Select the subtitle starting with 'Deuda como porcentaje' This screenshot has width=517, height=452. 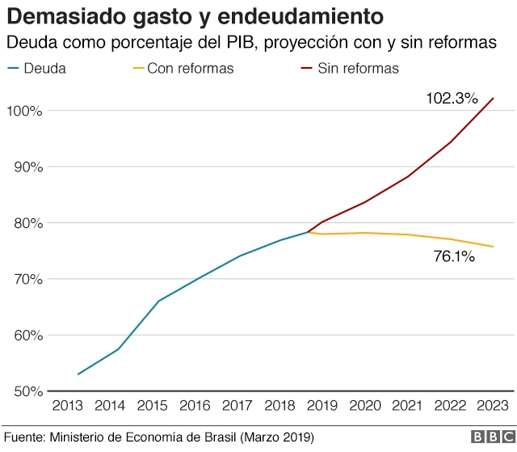250,42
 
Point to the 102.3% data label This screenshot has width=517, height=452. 452,99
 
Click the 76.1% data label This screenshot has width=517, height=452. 453,257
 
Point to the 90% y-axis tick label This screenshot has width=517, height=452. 26,167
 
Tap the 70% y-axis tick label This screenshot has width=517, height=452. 26,280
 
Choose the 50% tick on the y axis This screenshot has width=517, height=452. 26,392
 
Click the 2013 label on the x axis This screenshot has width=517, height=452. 68,407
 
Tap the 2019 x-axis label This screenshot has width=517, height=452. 321,407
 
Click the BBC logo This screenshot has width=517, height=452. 488,437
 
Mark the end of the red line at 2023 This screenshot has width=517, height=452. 493,99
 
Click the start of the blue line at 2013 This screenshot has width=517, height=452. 78,374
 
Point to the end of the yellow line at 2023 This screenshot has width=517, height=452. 493,247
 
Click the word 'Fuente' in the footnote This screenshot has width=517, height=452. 24,437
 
